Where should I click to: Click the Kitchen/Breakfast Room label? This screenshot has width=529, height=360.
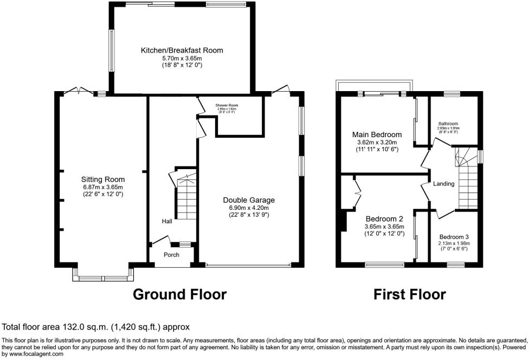[182, 50]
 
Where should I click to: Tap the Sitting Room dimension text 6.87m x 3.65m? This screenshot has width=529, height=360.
[103, 187]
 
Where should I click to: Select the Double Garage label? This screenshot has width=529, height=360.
[249, 200]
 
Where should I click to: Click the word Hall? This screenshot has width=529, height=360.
[166, 221]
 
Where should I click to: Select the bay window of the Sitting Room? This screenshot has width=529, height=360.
[103, 278]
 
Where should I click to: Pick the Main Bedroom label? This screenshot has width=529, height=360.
[377, 134]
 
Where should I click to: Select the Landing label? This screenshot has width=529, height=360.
[443, 184]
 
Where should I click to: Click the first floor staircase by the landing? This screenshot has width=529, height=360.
[467, 184]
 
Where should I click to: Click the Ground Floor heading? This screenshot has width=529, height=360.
[179, 294]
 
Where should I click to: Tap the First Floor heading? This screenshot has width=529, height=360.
[409, 294]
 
